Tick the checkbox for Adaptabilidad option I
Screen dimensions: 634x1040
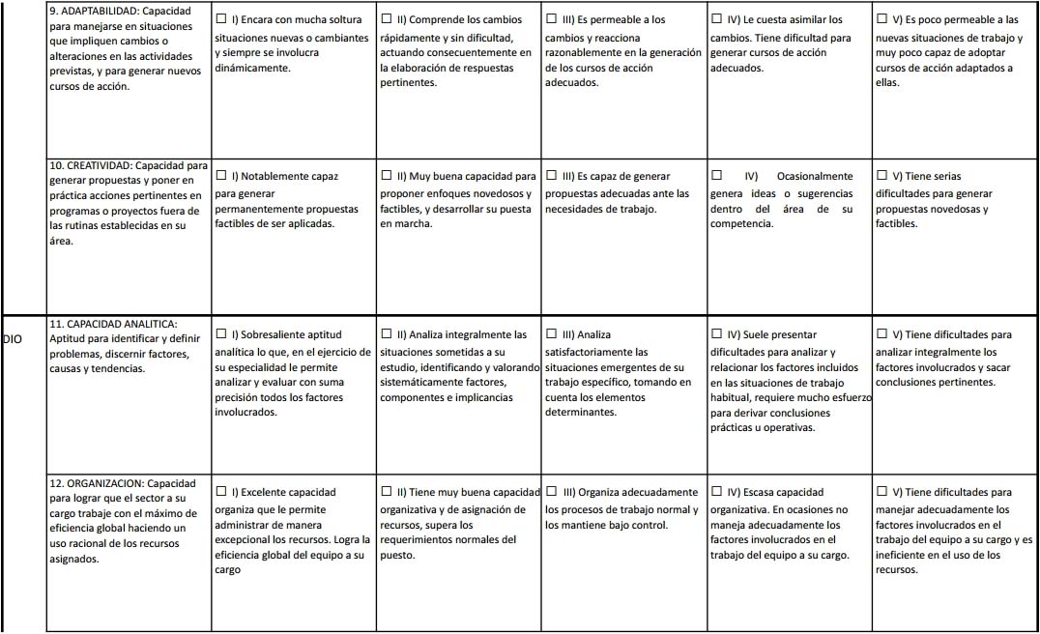coord(221,19)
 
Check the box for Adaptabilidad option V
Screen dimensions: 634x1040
coord(881,19)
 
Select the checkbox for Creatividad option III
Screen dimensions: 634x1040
coord(552,176)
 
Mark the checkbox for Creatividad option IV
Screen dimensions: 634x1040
coord(716,176)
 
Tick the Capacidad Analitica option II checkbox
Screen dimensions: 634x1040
coord(387,334)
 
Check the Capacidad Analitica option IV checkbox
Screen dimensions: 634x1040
coord(716,334)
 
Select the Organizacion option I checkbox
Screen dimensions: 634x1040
coord(221,492)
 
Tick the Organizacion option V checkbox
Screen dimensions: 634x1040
coord(881,492)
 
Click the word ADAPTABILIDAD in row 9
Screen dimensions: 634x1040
coord(97,11)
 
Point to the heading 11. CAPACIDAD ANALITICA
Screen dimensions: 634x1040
coord(113,324)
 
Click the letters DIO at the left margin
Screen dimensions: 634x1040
coord(13,339)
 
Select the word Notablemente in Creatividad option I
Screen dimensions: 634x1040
coord(275,177)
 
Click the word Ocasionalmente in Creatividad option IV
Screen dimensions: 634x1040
coord(814,177)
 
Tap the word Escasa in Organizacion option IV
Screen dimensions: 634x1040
coord(758,493)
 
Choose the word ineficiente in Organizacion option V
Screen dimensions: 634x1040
coord(902,555)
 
